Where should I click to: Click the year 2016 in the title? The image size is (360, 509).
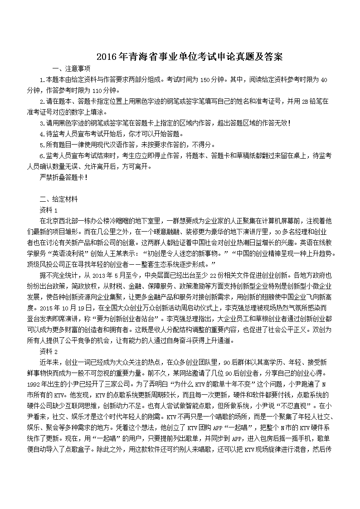tap(107, 57)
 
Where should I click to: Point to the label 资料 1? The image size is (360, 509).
tap(49, 210)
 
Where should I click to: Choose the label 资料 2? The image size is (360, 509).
tap(49, 351)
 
